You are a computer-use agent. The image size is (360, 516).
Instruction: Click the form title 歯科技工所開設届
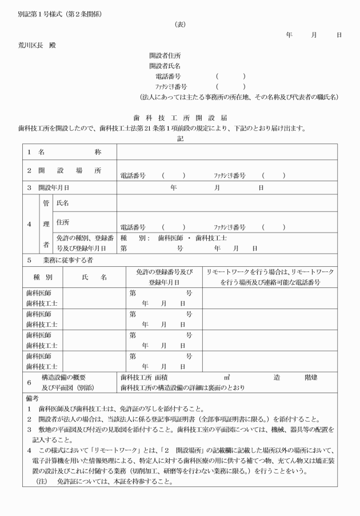pos(179,117)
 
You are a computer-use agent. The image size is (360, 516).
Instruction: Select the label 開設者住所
pos(165,55)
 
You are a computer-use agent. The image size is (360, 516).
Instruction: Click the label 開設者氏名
pos(165,66)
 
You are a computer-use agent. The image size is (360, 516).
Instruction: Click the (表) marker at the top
pos(179,25)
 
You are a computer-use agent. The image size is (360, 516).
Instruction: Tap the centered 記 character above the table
pos(180,138)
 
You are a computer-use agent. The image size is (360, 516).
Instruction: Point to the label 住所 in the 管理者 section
pos(62,221)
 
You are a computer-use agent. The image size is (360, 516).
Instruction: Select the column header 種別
pos(43,277)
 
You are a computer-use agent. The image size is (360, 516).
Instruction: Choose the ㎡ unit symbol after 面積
pos(227,377)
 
